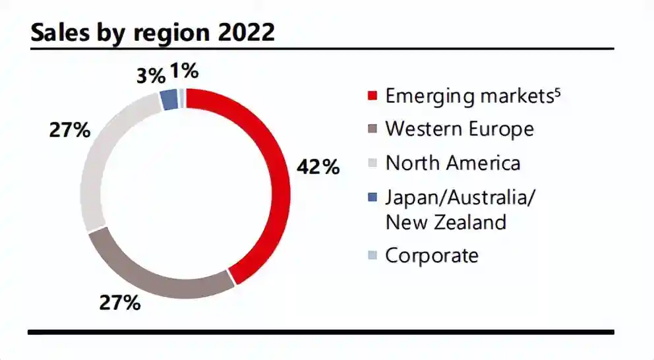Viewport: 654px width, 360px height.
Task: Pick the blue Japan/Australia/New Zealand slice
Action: [169, 100]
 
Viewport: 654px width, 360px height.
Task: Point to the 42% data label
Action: [318, 167]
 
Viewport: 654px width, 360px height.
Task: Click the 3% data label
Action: [150, 76]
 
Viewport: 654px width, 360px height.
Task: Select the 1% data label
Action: [184, 71]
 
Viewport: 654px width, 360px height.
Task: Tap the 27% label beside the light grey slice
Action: [69, 130]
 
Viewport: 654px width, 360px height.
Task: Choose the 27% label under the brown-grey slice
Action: [120, 303]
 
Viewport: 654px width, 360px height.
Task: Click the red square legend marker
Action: [372, 96]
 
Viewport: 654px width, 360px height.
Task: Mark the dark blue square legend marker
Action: [372, 196]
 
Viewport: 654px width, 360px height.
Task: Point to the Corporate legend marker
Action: [372, 256]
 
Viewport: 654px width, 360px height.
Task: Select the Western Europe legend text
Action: [459, 128]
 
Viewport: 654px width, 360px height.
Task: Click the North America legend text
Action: [453, 162]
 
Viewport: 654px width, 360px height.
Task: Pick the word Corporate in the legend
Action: [432, 255]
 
